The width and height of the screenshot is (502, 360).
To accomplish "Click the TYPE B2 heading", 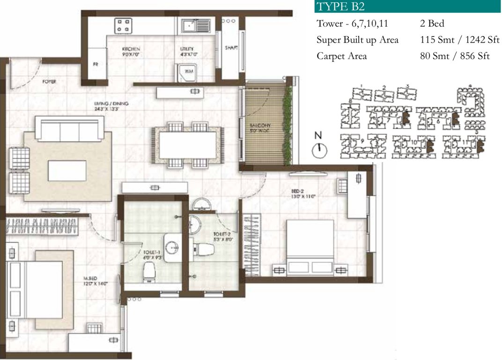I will click(x=340, y=7).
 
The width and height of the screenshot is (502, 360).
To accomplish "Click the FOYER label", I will click(x=49, y=82).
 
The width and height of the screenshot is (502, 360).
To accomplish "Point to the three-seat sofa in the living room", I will click(x=70, y=129).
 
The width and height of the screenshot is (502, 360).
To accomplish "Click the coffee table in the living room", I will click(x=67, y=171).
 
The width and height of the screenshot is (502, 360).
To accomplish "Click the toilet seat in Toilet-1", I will click(x=149, y=272).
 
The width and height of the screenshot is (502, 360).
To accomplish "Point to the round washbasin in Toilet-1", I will click(x=172, y=247).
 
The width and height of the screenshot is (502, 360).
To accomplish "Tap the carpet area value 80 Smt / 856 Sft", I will click(x=455, y=56).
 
